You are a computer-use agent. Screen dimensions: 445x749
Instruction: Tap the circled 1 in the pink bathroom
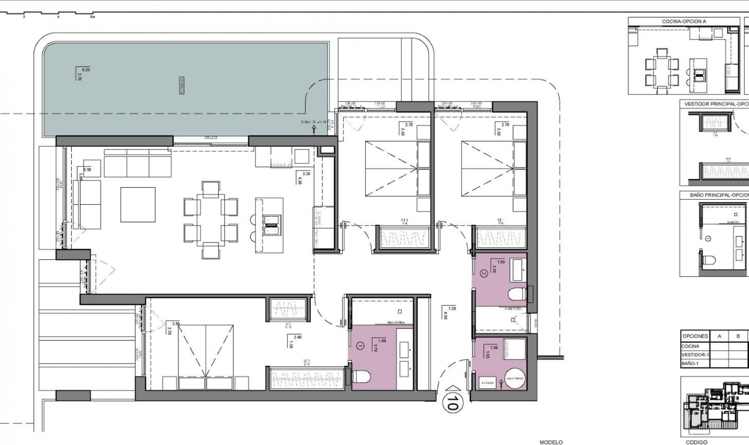click(x=360, y=346)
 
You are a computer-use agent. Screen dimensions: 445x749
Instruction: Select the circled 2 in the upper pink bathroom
click(x=484, y=274)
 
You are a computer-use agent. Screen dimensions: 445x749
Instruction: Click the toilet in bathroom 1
click(x=361, y=377)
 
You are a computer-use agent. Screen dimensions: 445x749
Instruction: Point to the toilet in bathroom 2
click(x=518, y=294)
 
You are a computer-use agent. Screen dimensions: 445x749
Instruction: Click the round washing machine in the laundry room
click(x=515, y=378)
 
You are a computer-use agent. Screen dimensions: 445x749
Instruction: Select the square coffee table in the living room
click(x=138, y=205)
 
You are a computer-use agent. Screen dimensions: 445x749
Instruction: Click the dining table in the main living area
click(x=211, y=220)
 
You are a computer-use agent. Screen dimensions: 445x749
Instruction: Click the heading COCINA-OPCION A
click(x=684, y=21)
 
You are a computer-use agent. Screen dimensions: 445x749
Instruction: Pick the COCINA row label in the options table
click(x=690, y=346)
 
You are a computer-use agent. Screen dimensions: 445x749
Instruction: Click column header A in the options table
click(x=719, y=336)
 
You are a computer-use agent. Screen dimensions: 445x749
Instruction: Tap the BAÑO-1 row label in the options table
click(x=690, y=363)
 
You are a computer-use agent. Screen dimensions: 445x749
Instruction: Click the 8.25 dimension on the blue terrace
click(x=86, y=70)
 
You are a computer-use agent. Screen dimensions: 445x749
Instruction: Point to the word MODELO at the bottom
click(x=551, y=442)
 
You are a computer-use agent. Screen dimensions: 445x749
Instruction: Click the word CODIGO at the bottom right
click(x=697, y=442)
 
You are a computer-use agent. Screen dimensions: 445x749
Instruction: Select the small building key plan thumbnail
click(x=715, y=406)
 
